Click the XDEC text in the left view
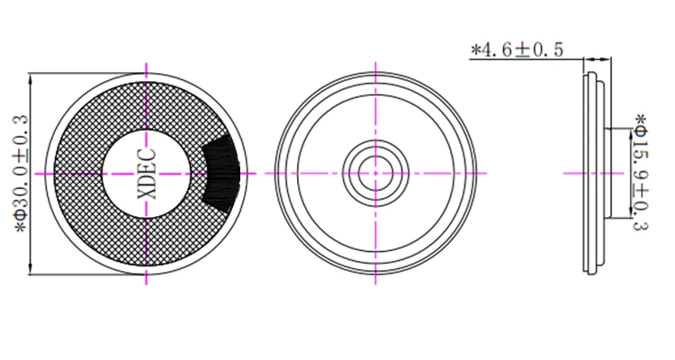(x=147, y=174)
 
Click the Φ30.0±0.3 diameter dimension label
(x=21, y=174)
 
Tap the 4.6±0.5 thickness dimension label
(x=517, y=50)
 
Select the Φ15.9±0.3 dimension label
(x=640, y=172)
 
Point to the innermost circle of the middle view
(x=375, y=173)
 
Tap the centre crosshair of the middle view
(x=375, y=173)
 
